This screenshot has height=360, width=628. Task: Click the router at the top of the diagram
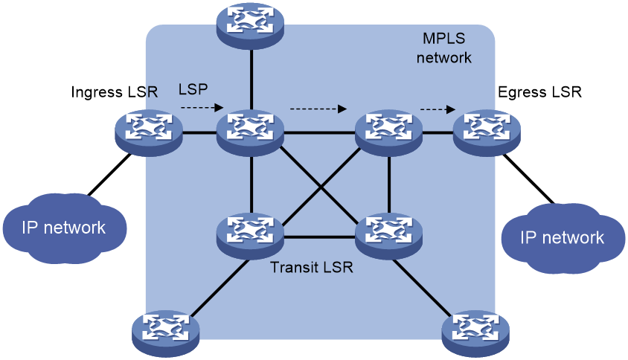[251, 25]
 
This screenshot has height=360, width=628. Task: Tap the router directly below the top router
[251, 131]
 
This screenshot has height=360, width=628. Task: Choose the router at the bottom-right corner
[476, 332]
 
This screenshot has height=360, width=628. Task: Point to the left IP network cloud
[64, 227]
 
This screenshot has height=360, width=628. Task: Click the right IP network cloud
[562, 237]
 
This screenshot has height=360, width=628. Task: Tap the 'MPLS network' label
[443, 47]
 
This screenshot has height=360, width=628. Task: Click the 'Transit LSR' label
[312, 267]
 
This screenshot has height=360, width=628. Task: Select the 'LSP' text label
[193, 89]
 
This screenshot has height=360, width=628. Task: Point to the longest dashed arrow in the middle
[318, 109]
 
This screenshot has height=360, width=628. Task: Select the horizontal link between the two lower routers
[321, 237]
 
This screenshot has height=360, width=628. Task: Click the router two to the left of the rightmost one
[251, 131]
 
